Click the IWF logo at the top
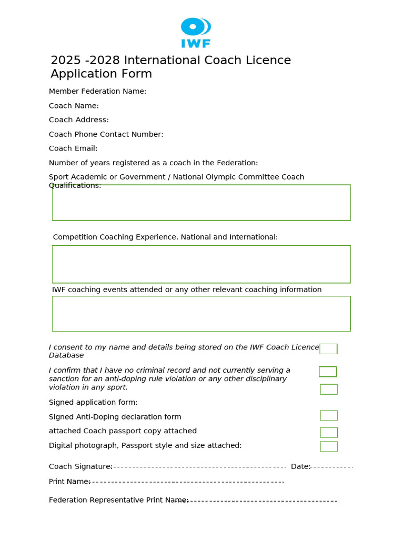196,33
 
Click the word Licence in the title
269,61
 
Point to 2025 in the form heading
65,61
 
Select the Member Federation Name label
97,91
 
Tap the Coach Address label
79,119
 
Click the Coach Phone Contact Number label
106,134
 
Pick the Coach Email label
73,148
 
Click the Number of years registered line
153,163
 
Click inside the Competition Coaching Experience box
201,264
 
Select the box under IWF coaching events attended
201,314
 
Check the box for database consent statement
328,348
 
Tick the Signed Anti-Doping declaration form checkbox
329,415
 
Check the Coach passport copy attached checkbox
329,432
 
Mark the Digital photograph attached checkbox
329,446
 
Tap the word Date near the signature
300,466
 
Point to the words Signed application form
93,402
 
